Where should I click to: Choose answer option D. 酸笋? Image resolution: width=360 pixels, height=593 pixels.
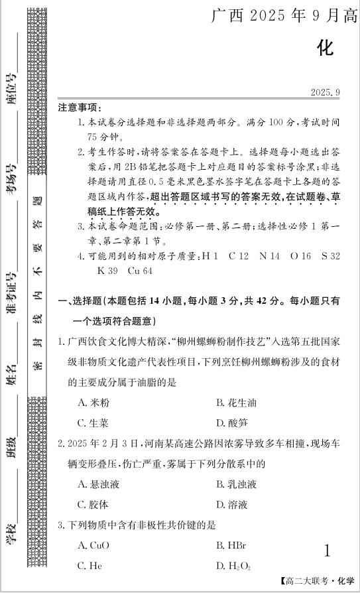tap(231, 423)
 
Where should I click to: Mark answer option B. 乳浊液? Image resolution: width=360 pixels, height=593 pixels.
tap(236, 484)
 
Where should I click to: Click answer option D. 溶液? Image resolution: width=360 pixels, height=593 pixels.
tap(231, 504)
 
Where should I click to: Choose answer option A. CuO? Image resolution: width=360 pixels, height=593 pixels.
tap(93, 545)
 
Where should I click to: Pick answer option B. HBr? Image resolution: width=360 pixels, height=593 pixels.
tap(231, 545)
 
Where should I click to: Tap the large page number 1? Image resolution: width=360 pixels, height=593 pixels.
tap(326, 550)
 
